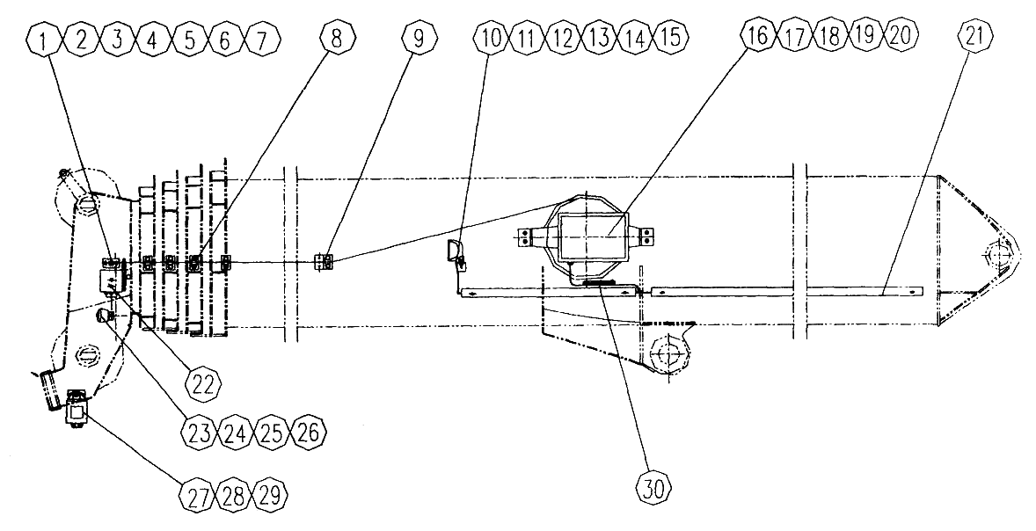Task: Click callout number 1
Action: pyautogui.click(x=45, y=40)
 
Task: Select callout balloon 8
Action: pyautogui.click(x=337, y=39)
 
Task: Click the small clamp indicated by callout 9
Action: pyautogui.click(x=324, y=262)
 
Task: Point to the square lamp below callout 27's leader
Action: pyautogui.click(x=77, y=413)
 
